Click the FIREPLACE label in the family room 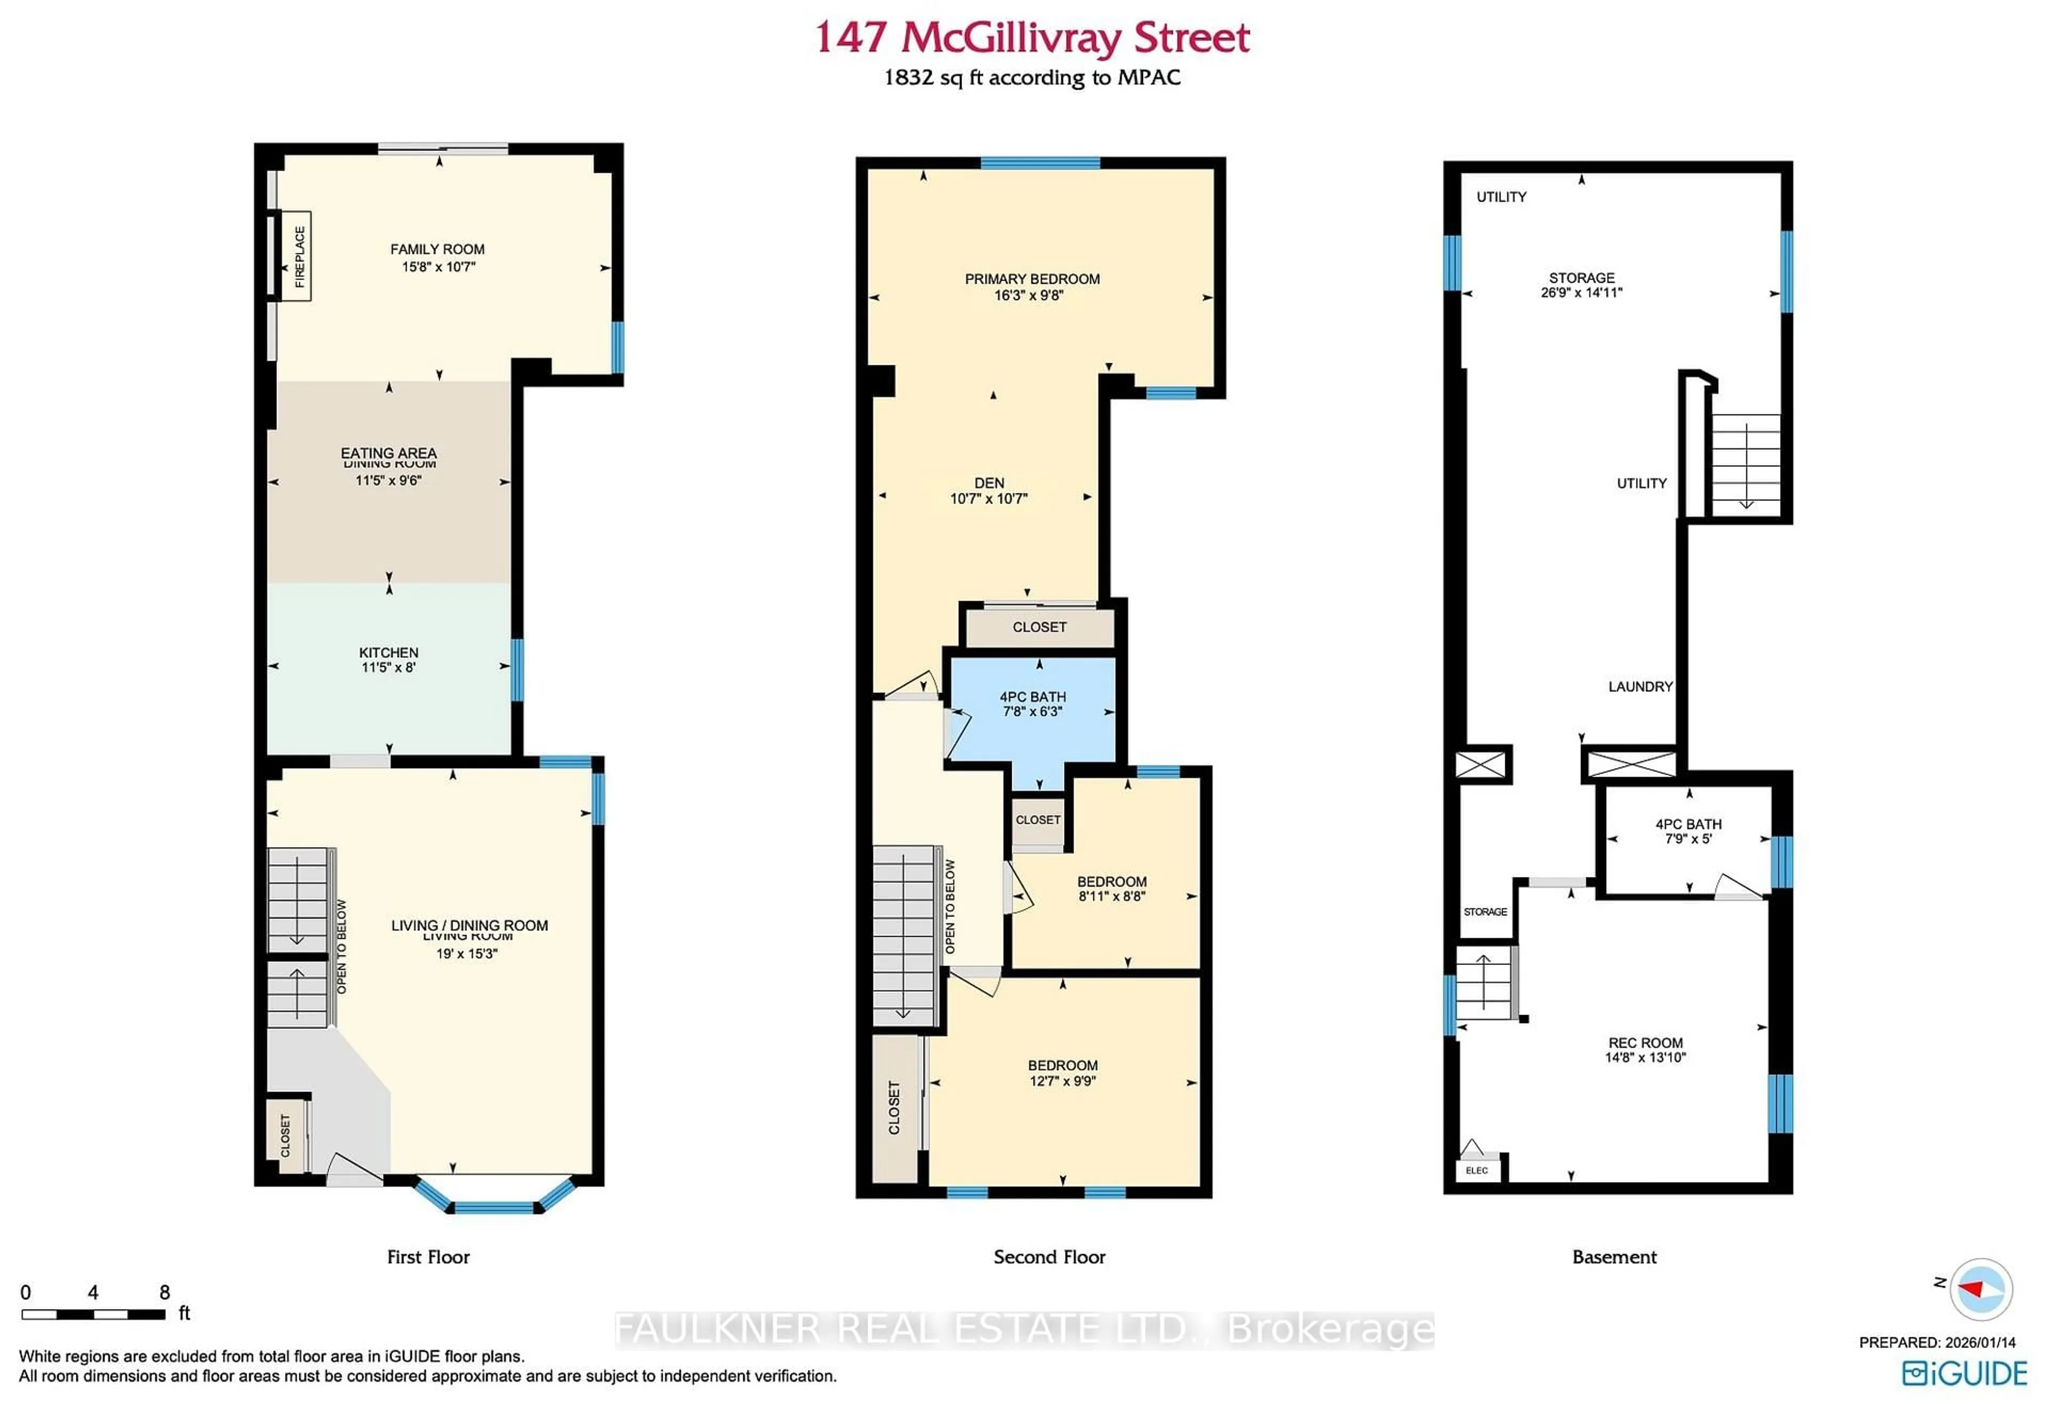(299, 257)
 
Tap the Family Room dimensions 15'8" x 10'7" (438, 266)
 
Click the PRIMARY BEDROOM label (1031, 278)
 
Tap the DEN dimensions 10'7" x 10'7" (988, 499)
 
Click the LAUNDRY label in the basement (1640, 687)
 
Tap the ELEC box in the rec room (1477, 1170)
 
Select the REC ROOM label (1645, 1043)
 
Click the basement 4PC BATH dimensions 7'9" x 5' (1688, 839)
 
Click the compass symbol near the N (1981, 1289)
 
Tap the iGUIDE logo (1965, 1373)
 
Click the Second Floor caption (1049, 1257)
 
